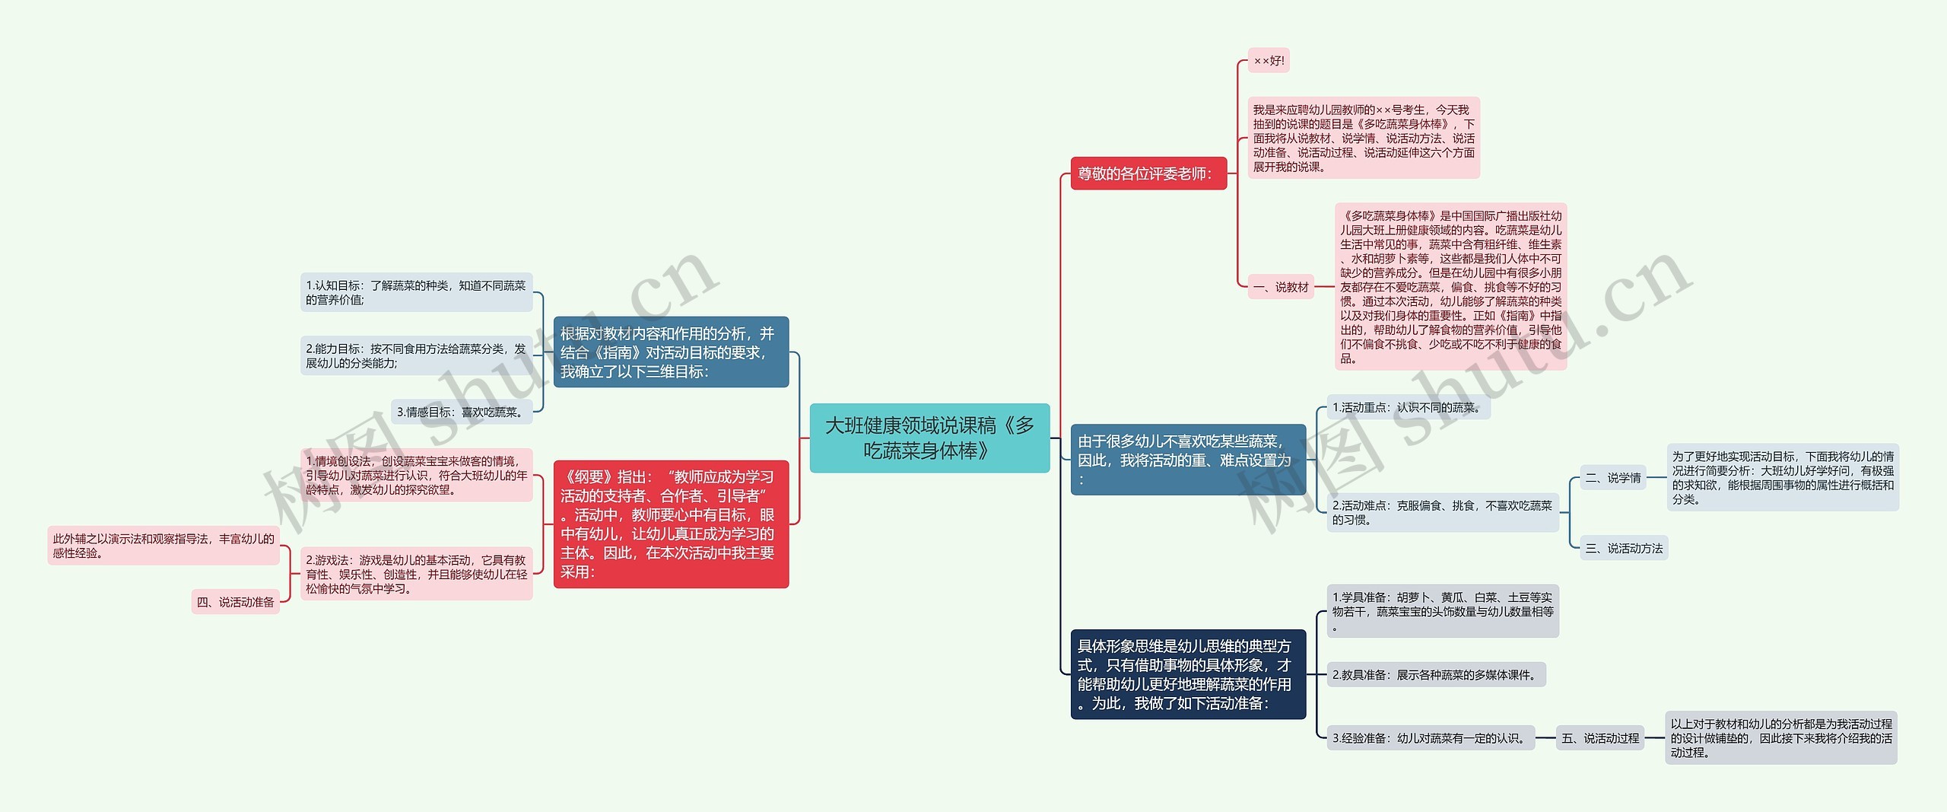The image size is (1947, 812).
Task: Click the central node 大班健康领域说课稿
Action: pyautogui.click(x=929, y=438)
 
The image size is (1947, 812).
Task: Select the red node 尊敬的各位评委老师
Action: pyautogui.click(x=1148, y=174)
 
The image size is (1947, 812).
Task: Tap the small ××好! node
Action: pyautogui.click(x=1268, y=61)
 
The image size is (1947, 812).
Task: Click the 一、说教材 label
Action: pyautogui.click(x=1281, y=287)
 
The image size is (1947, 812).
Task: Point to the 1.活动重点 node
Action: pyautogui.click(x=1408, y=407)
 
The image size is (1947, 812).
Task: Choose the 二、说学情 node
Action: pyautogui.click(x=1612, y=478)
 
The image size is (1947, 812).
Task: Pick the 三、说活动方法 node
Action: pyautogui.click(x=1624, y=548)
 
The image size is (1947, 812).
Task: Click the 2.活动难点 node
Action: pyautogui.click(x=1442, y=512)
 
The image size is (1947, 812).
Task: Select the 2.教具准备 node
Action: pyautogui.click(x=1435, y=674)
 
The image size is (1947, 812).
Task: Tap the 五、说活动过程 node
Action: pyautogui.click(x=1600, y=738)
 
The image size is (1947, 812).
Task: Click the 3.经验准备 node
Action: pyautogui.click(x=1430, y=738)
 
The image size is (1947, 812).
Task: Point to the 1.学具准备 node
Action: pyautogui.click(x=1442, y=611)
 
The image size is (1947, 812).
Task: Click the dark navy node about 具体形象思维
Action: pyautogui.click(x=1187, y=674)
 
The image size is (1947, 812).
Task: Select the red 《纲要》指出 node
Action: pyautogui.click(x=670, y=524)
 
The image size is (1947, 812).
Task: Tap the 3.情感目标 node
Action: pyautogui.click(x=461, y=412)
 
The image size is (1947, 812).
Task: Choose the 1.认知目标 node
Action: pyautogui.click(x=416, y=292)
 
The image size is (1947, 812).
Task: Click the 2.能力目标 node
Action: pyautogui.click(x=416, y=355)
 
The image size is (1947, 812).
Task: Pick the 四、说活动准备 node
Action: pyautogui.click(x=235, y=602)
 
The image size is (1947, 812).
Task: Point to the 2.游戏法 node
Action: pyautogui.click(x=416, y=574)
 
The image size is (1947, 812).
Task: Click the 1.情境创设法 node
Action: pyautogui.click(x=416, y=475)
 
